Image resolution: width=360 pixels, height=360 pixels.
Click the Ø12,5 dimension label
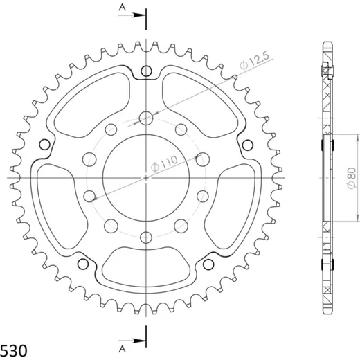(x=254, y=61)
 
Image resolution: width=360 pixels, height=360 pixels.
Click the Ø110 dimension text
(x=164, y=164)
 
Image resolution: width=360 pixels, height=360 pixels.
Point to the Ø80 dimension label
(x=352, y=179)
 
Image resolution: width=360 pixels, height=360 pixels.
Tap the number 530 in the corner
(x=14, y=351)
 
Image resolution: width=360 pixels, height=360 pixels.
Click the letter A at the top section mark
(x=123, y=8)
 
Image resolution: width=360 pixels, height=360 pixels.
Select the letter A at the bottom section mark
(x=123, y=349)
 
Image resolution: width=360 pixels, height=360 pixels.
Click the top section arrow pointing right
(x=132, y=15)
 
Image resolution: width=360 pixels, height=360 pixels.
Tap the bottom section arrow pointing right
(x=132, y=341)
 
